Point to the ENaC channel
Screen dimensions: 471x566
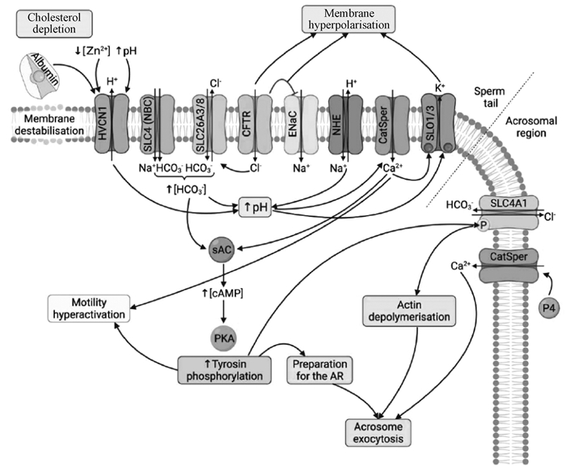click(296, 122)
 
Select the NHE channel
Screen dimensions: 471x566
click(343, 122)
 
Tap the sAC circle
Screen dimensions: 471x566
click(222, 250)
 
